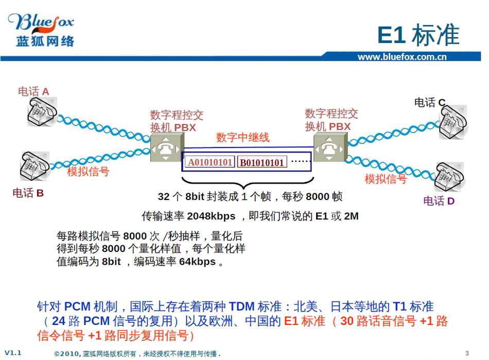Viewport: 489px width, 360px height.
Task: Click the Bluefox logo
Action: pos(42,30)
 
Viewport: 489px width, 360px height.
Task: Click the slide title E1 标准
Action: pos(418,35)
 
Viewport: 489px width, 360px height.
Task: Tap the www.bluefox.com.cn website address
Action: pos(402,57)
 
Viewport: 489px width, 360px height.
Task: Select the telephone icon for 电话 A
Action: pos(42,112)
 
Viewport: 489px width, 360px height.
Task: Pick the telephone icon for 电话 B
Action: pos(34,166)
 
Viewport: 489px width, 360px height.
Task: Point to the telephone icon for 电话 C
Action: pos(453,122)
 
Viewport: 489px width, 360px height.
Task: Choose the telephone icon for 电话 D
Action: pos(449,177)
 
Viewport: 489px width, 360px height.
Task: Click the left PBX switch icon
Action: pos(167,147)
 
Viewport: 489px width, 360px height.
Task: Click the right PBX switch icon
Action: pos(330,147)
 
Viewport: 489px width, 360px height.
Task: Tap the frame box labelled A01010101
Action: pos(210,162)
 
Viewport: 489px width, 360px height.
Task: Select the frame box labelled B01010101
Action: pos(262,163)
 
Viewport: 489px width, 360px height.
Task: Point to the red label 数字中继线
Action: pos(242,137)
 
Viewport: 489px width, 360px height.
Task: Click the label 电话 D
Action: pos(439,201)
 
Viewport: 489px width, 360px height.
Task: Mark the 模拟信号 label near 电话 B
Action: pos(88,171)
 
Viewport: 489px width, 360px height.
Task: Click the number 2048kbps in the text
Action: pos(211,216)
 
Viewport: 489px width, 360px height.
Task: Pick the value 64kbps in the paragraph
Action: pos(197,261)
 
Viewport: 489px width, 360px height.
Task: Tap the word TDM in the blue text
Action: pos(242,307)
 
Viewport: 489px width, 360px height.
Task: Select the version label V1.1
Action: pos(13,353)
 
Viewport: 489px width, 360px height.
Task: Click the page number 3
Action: pos(467,353)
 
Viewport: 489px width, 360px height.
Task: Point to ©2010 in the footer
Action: pos(67,354)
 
